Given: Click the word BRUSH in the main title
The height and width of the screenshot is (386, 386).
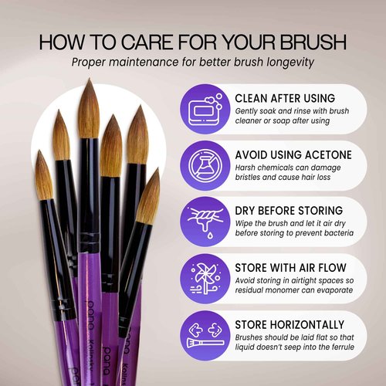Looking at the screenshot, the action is click(x=313, y=42).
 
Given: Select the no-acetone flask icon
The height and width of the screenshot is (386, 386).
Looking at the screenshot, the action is click(x=205, y=165).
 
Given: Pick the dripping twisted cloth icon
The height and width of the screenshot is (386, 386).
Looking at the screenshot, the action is click(x=205, y=222).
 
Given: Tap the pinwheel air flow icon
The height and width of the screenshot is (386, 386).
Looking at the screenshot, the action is click(x=205, y=279).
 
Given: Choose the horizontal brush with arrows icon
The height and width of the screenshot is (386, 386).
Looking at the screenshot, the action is click(x=205, y=335).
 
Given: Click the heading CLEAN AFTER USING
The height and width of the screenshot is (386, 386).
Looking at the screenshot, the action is click(x=285, y=98).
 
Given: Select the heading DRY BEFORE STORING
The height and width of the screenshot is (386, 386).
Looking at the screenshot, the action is click(x=289, y=211).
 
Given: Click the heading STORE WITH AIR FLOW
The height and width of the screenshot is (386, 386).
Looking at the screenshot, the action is click(x=290, y=268).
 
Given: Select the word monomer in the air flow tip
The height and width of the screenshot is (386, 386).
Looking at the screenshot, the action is click(x=280, y=290).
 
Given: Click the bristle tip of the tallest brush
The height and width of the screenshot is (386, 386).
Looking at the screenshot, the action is click(x=90, y=79).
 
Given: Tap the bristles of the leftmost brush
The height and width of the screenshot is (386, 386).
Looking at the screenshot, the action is click(x=44, y=176).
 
